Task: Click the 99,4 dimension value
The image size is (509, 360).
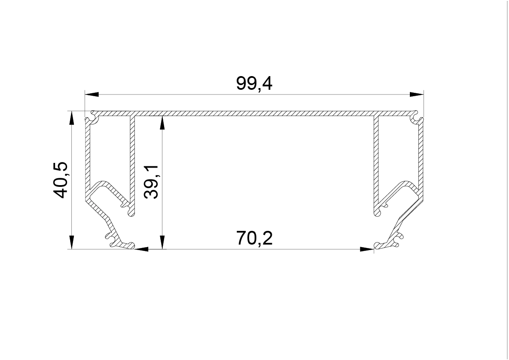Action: pos(254,83)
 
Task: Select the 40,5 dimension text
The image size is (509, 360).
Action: pos(60,180)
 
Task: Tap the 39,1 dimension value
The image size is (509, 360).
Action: pos(151,182)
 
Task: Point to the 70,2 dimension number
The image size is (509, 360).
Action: pos(255,238)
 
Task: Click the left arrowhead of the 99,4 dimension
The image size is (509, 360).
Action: pos(91,94)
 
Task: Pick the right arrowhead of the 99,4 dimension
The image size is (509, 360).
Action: pos(417,94)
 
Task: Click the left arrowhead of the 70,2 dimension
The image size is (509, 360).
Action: pos(141,249)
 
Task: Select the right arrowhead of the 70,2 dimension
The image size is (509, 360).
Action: pos(367,249)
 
